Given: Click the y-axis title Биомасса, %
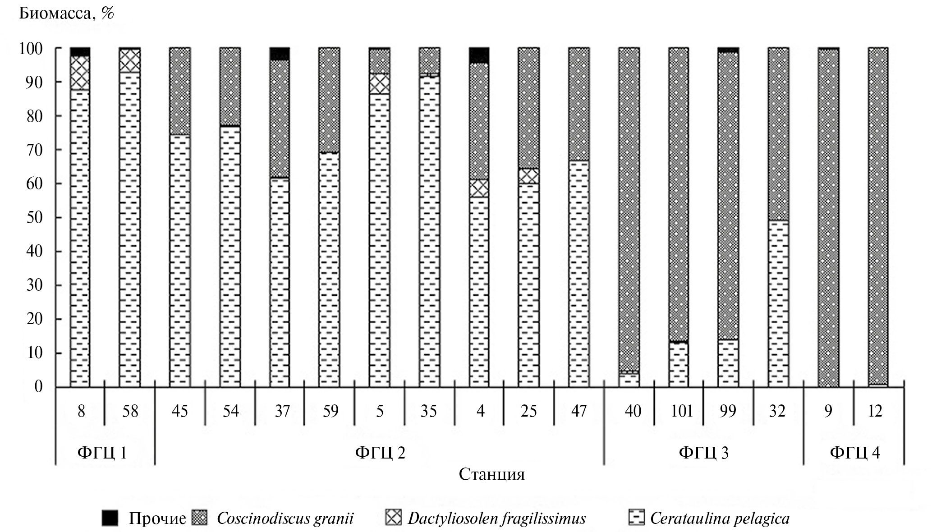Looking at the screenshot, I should click(66, 14).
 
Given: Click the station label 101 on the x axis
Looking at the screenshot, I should click(681, 411).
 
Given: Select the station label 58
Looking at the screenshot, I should click(130, 411).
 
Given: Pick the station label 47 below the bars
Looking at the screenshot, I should click(578, 411).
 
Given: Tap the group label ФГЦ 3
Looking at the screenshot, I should click(703, 452).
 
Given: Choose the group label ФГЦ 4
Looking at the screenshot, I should click(855, 452).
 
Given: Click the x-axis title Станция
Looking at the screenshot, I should click(491, 475).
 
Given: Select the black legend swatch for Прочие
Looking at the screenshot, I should click(110, 518).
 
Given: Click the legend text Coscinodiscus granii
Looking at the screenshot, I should click(285, 518).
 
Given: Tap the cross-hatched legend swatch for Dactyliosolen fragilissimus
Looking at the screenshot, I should click(393, 518).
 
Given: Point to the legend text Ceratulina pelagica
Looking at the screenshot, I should click(720, 518).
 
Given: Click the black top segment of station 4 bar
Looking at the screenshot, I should click(479, 55).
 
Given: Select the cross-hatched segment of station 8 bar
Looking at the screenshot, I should click(80, 73).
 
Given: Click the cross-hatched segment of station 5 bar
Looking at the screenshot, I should click(380, 83).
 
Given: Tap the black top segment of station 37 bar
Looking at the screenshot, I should click(280, 54).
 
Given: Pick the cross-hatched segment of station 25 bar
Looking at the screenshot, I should click(528, 176).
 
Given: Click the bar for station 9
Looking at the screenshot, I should click(828, 216).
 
